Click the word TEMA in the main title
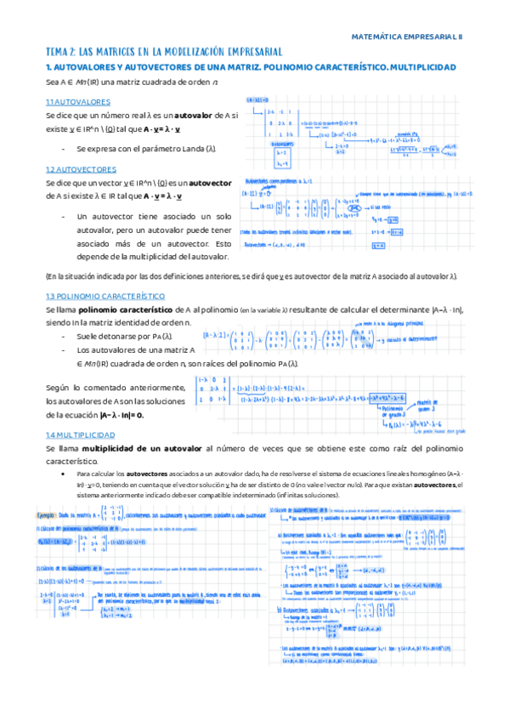click(60, 52)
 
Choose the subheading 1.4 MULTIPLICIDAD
click(86, 434)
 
